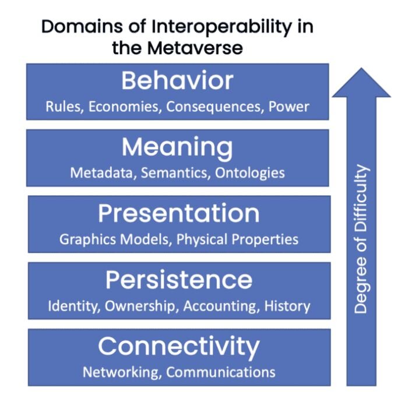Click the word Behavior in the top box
[177, 80]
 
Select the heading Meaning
[177, 148]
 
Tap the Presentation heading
[179, 213]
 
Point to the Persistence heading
[179, 280]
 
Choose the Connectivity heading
[179, 347]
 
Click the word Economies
[124, 107]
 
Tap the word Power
[289, 107]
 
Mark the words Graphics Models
[115, 239]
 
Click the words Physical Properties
[237, 239]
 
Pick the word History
[287, 306]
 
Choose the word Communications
[221, 372]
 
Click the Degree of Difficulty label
[361, 239]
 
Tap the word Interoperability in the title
[221, 27]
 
